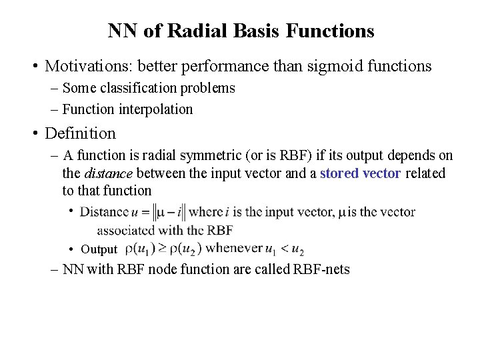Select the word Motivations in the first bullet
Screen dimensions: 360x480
(x=83, y=67)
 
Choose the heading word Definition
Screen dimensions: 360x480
(x=80, y=133)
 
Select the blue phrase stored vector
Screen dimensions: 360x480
(x=360, y=173)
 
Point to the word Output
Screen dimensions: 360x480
(x=99, y=250)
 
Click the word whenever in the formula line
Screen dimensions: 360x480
(x=235, y=249)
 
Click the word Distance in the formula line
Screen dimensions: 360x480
(x=103, y=213)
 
